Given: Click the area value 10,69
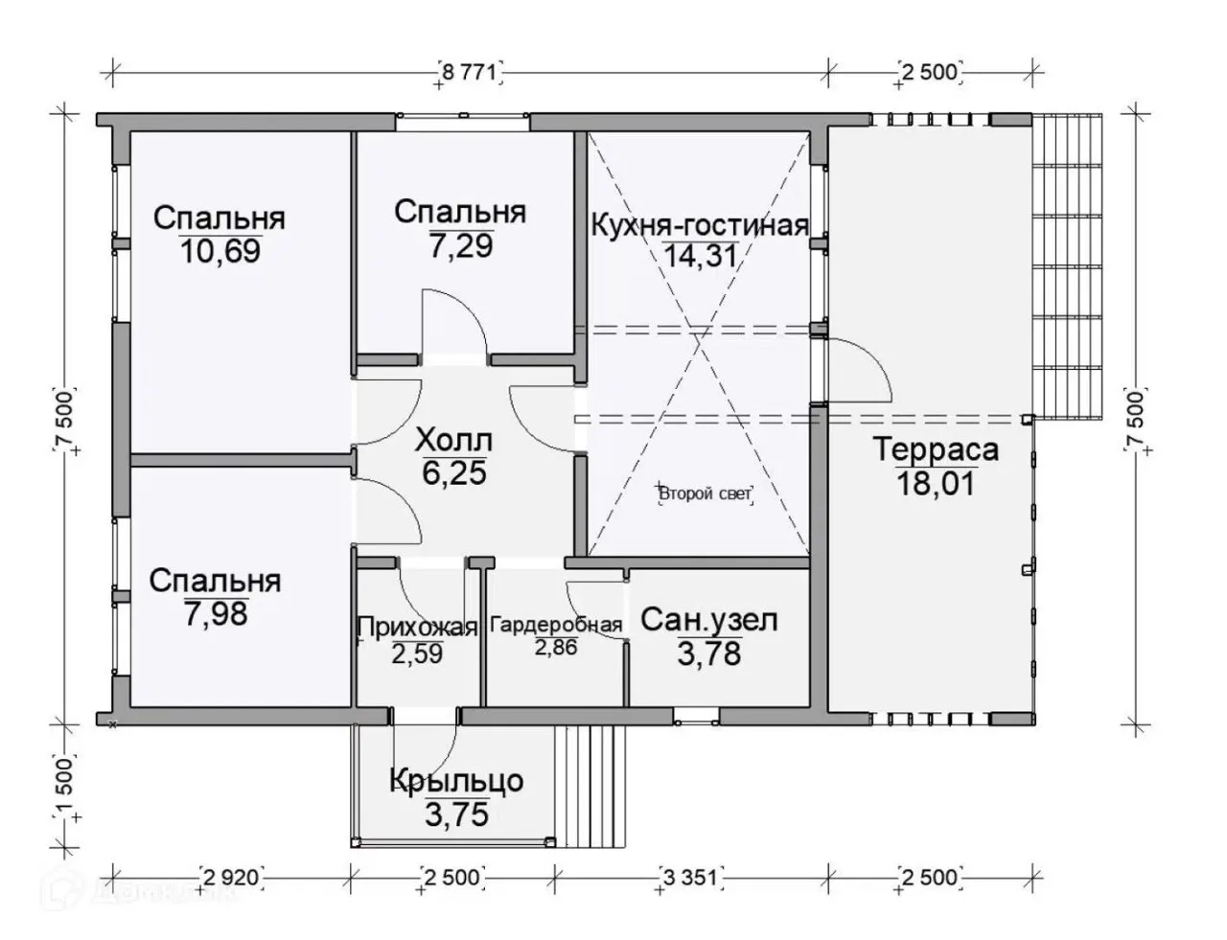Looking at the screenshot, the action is click(x=220, y=251).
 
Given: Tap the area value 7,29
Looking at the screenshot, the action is click(x=461, y=246).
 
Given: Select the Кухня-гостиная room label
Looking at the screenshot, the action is click(x=700, y=225).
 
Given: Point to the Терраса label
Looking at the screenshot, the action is click(x=937, y=449).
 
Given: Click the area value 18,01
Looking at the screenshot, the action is click(x=936, y=484).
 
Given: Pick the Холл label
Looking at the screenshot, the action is click(x=453, y=441).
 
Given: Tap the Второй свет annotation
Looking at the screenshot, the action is click(x=706, y=494).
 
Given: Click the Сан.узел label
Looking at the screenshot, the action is click(x=709, y=621).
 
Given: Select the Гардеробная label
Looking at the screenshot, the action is click(x=556, y=625).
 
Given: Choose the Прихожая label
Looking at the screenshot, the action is click(x=418, y=627).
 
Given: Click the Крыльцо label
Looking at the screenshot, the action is click(x=456, y=782).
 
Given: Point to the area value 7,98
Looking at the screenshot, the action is click(x=216, y=613).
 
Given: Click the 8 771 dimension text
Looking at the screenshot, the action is click(x=469, y=73).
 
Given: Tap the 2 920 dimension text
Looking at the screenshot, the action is click(x=231, y=878).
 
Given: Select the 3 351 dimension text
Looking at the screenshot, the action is click(x=690, y=878).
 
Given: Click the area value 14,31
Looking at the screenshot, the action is click(x=700, y=256).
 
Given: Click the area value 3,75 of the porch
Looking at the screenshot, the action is click(x=456, y=814).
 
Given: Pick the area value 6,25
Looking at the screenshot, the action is click(x=454, y=472).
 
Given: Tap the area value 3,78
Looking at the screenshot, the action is click(x=709, y=653).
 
